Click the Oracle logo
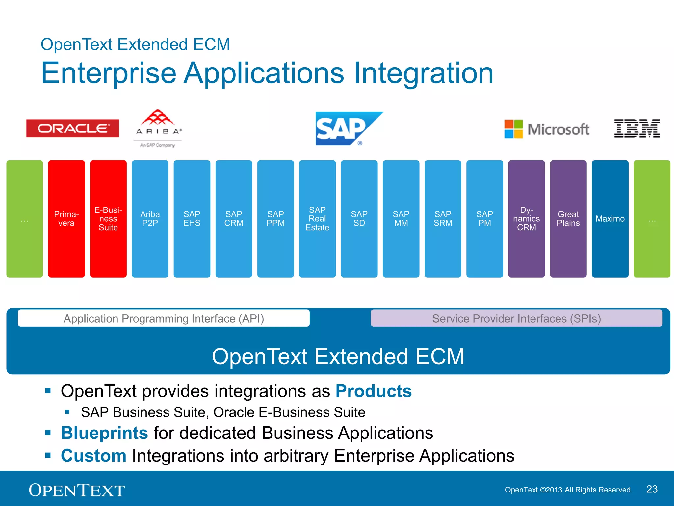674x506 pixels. [x=72, y=128]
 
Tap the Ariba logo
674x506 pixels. [x=158, y=127]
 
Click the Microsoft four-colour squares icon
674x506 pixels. [x=513, y=129]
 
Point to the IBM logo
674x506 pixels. [x=636, y=128]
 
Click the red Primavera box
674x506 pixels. [x=66, y=219]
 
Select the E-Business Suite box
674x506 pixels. [x=108, y=219]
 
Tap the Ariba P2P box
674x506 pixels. [x=150, y=219]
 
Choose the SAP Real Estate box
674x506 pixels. [x=317, y=219]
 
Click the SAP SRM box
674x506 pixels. [x=443, y=219]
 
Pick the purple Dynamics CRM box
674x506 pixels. [x=526, y=219]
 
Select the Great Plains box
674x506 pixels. [x=568, y=219]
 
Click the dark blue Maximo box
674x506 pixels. [x=610, y=219]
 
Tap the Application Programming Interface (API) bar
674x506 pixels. [x=164, y=318]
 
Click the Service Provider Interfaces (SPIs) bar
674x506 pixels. [x=516, y=318]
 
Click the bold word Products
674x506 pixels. [x=373, y=391]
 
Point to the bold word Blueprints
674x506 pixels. [x=104, y=433]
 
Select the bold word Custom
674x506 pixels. [x=93, y=456]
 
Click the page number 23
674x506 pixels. [x=652, y=489]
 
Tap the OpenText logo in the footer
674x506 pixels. [x=77, y=490]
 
